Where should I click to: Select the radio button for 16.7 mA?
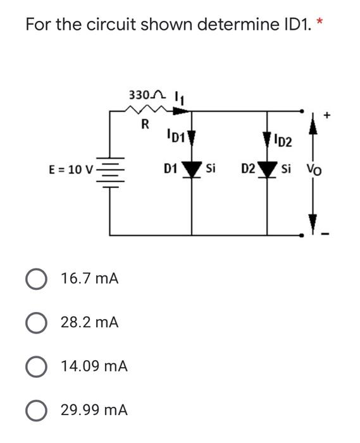(x=37, y=278)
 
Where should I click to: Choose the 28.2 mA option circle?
(x=37, y=322)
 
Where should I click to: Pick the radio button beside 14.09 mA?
(x=37, y=366)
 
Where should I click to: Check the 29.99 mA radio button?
(x=37, y=409)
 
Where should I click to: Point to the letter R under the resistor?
(x=145, y=125)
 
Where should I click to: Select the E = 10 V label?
(x=71, y=170)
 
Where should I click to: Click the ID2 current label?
(x=285, y=140)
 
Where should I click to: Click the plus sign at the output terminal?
(x=327, y=115)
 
